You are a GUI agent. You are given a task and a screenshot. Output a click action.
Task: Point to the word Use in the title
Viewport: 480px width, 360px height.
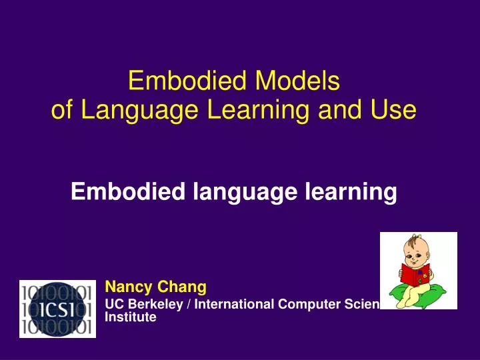tap(397, 110)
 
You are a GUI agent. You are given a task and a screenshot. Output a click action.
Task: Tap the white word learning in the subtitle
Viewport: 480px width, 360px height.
tap(353, 193)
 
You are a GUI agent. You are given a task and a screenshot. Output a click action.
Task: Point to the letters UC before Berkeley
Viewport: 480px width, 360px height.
tap(113, 305)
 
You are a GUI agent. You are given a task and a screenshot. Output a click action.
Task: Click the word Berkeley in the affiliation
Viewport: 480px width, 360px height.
tap(151, 305)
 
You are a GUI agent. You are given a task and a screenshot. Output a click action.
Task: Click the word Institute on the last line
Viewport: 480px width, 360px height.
tap(131, 317)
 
